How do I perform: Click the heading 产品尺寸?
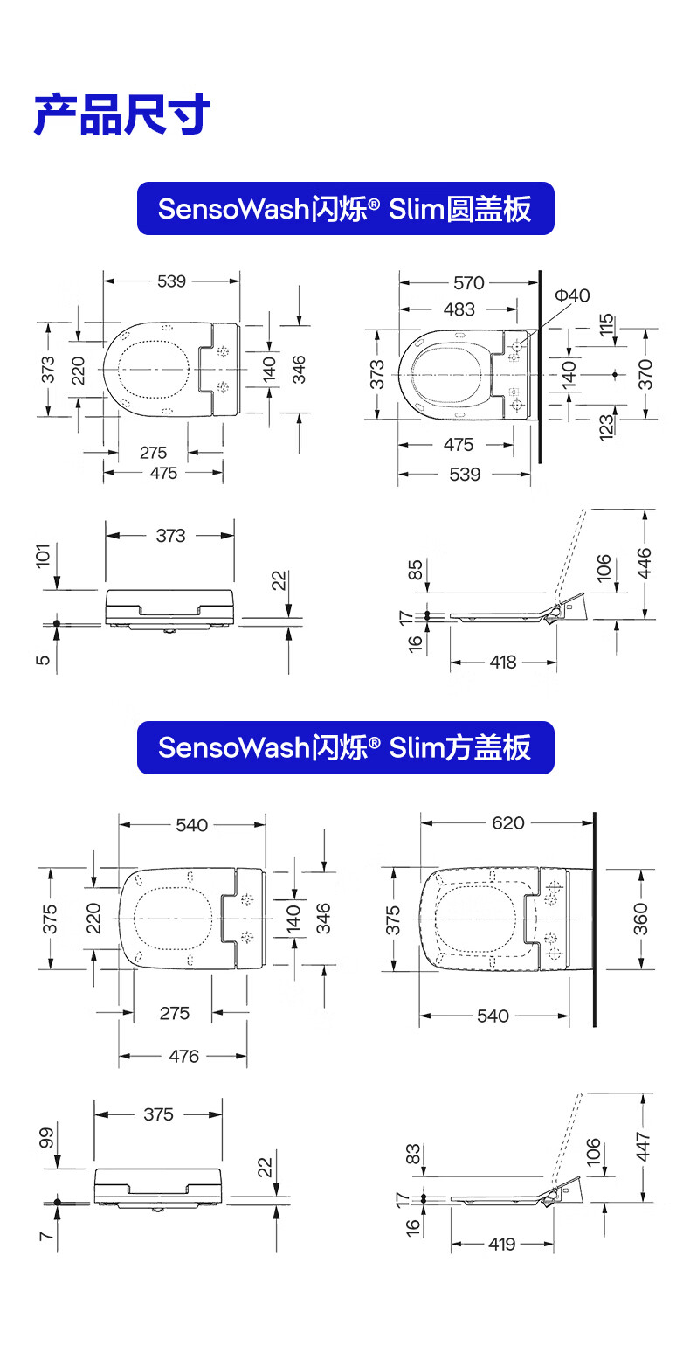click(x=122, y=114)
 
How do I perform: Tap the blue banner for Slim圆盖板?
click(x=345, y=209)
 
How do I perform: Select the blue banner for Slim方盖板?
click(x=345, y=747)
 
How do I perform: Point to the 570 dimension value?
click(x=469, y=282)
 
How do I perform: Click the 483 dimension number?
click(x=459, y=309)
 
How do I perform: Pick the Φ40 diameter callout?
click(x=572, y=295)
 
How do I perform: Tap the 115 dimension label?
click(x=606, y=324)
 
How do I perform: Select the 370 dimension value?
click(x=645, y=374)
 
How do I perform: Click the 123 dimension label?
click(x=606, y=427)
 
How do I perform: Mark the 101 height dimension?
click(x=44, y=556)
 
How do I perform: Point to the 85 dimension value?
click(x=415, y=570)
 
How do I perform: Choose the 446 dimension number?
click(x=644, y=563)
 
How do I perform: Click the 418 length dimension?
click(x=502, y=663)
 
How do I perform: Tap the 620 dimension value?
click(x=508, y=822)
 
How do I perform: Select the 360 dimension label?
click(x=641, y=919)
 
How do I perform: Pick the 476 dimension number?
click(x=183, y=1056)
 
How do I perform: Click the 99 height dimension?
click(x=46, y=1139)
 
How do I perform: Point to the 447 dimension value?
click(x=643, y=1147)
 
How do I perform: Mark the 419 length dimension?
click(x=502, y=1244)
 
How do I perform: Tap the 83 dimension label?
click(x=413, y=1154)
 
